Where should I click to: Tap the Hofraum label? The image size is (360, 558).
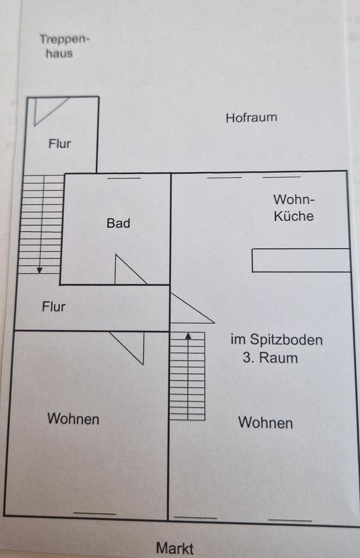pyautogui.click(x=251, y=117)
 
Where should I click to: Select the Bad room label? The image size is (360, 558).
pyautogui.click(x=118, y=223)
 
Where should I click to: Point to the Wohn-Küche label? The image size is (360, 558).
pyautogui.click(x=294, y=208)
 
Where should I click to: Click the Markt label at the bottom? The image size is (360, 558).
pyautogui.click(x=174, y=548)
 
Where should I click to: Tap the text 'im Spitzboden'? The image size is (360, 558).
pyautogui.click(x=276, y=340)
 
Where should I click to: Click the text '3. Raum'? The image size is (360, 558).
pyautogui.click(x=270, y=357)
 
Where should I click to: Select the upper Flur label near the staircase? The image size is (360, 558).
pyautogui.click(x=60, y=144)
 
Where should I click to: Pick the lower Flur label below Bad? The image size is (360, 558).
pyautogui.click(x=54, y=306)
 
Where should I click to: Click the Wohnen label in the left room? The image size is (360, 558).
pyautogui.click(x=73, y=419)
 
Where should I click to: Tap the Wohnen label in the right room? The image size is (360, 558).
pyautogui.click(x=265, y=423)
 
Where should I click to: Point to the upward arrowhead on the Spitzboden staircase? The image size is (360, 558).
pyautogui.click(x=188, y=335)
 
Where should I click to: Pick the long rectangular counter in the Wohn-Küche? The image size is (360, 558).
pyautogui.click(x=301, y=260)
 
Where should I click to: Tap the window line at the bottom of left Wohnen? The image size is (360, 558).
pyautogui.click(x=94, y=513)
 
